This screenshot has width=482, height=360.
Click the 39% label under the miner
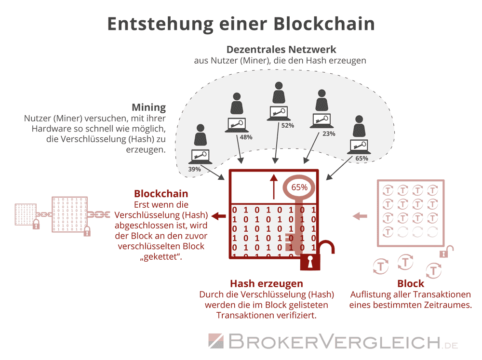click(x=194, y=169)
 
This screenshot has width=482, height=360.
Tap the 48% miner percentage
click(x=246, y=137)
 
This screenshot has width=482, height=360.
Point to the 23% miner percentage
click(x=329, y=134)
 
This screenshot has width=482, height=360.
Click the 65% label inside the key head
click(x=299, y=187)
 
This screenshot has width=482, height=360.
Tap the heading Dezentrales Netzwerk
click(x=281, y=50)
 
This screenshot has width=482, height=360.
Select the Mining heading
click(x=148, y=107)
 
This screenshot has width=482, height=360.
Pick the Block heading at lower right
click(x=411, y=283)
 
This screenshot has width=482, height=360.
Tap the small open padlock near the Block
click(x=449, y=251)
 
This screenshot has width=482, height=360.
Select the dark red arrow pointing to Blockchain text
click(x=219, y=215)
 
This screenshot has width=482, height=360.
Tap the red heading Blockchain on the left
click(x=161, y=194)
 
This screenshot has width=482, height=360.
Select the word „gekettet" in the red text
click(x=161, y=256)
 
